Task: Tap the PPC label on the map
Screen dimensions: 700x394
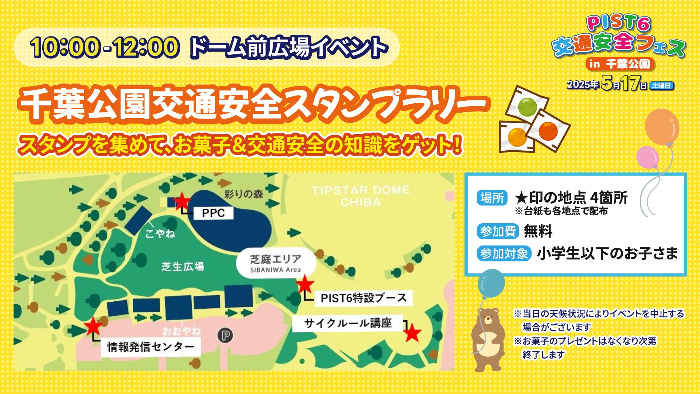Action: (x=213, y=213)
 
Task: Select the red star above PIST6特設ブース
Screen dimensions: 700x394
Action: (x=305, y=284)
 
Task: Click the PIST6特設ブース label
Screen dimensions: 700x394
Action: (x=363, y=298)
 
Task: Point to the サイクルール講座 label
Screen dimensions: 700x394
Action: (x=348, y=323)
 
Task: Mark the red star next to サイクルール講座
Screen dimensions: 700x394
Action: (x=412, y=333)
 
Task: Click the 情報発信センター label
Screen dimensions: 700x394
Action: (x=151, y=347)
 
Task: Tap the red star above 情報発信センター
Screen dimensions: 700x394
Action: (x=93, y=326)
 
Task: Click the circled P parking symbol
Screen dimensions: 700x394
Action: (x=226, y=336)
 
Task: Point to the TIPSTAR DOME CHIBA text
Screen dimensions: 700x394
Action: (x=361, y=196)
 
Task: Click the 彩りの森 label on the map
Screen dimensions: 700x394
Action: (x=244, y=194)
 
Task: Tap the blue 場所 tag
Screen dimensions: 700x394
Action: (x=492, y=198)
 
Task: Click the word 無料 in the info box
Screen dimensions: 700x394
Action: (x=538, y=231)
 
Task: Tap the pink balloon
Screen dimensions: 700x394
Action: (x=647, y=157)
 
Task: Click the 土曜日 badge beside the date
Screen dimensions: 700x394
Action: (x=661, y=86)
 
